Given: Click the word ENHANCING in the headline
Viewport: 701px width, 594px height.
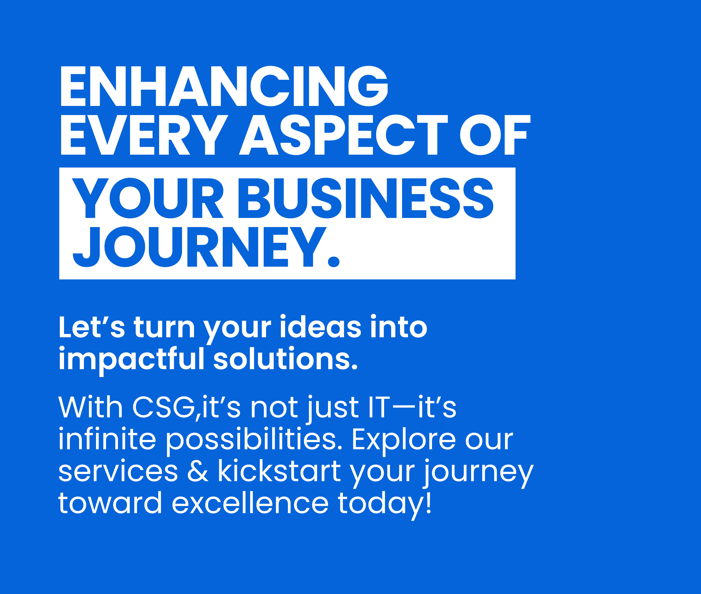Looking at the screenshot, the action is click(x=224, y=86).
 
